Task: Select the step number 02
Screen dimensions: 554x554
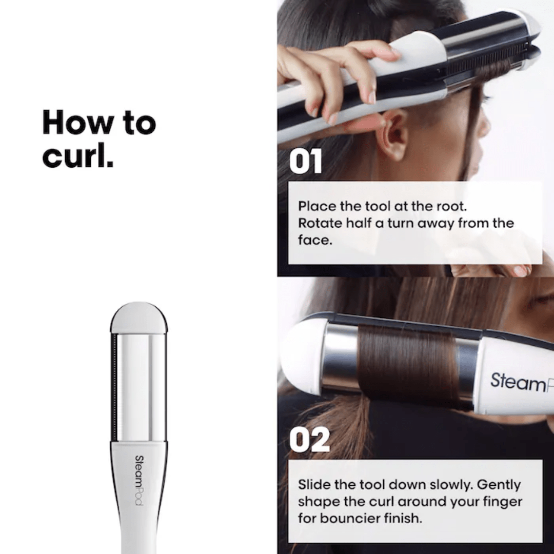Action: click(309, 440)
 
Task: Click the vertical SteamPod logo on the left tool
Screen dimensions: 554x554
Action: click(138, 480)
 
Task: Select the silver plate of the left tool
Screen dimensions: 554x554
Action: click(138, 385)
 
